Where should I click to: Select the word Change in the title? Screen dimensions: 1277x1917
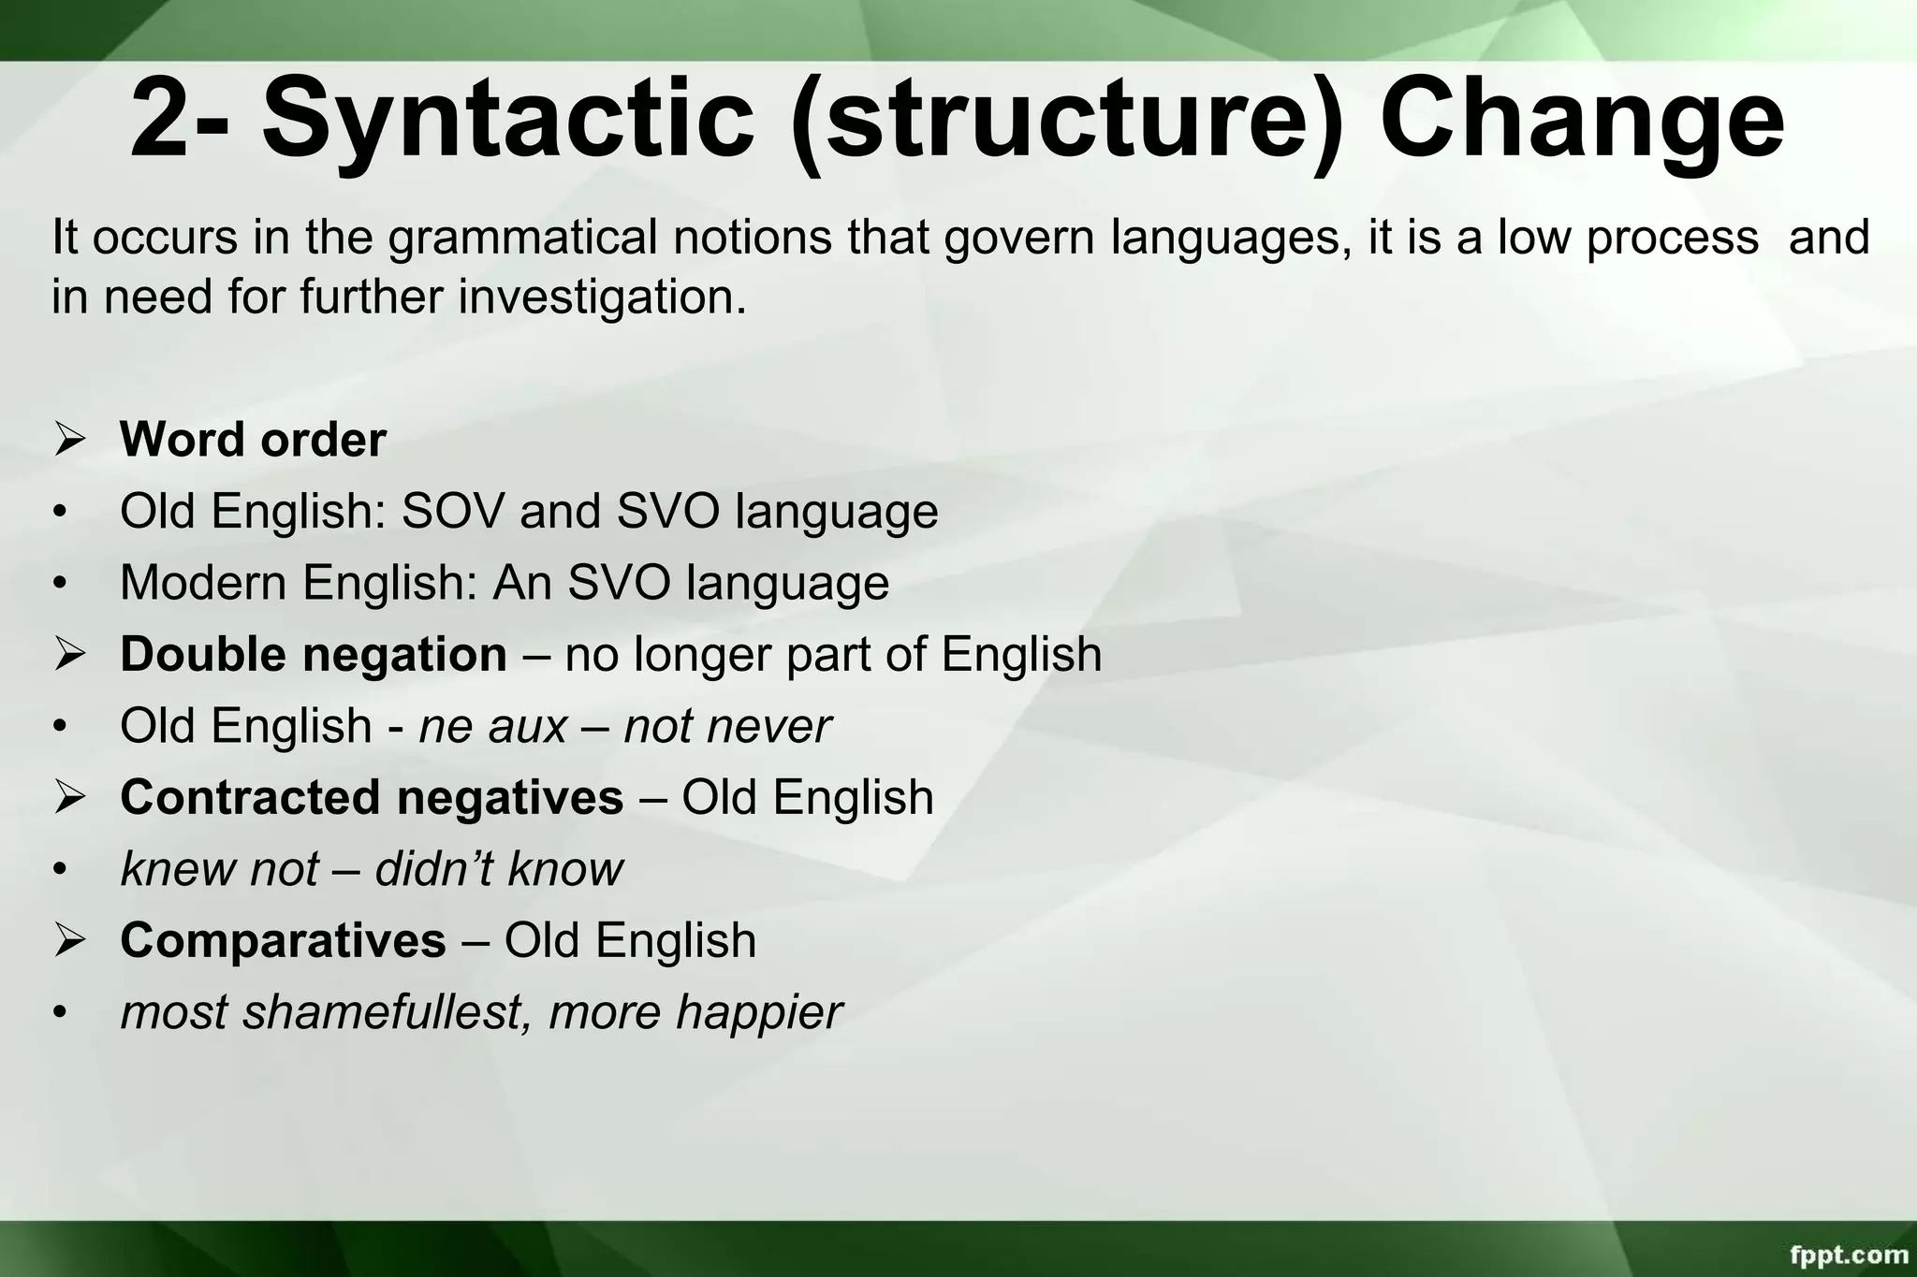click(x=1582, y=120)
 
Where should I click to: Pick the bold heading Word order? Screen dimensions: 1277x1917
click(x=253, y=440)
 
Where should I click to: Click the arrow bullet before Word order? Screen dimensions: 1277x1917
click(x=69, y=440)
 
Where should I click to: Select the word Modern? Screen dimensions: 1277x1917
click(x=204, y=583)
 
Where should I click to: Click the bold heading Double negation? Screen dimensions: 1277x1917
click(x=314, y=654)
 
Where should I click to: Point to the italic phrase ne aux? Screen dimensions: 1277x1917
click(x=492, y=726)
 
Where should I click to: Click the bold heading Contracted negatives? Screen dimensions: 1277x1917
click(x=372, y=798)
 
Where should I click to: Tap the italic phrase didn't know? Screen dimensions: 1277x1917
click(x=499, y=869)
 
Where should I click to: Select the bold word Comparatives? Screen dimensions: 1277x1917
click(x=283, y=940)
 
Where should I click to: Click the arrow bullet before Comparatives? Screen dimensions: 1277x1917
click(x=69, y=940)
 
